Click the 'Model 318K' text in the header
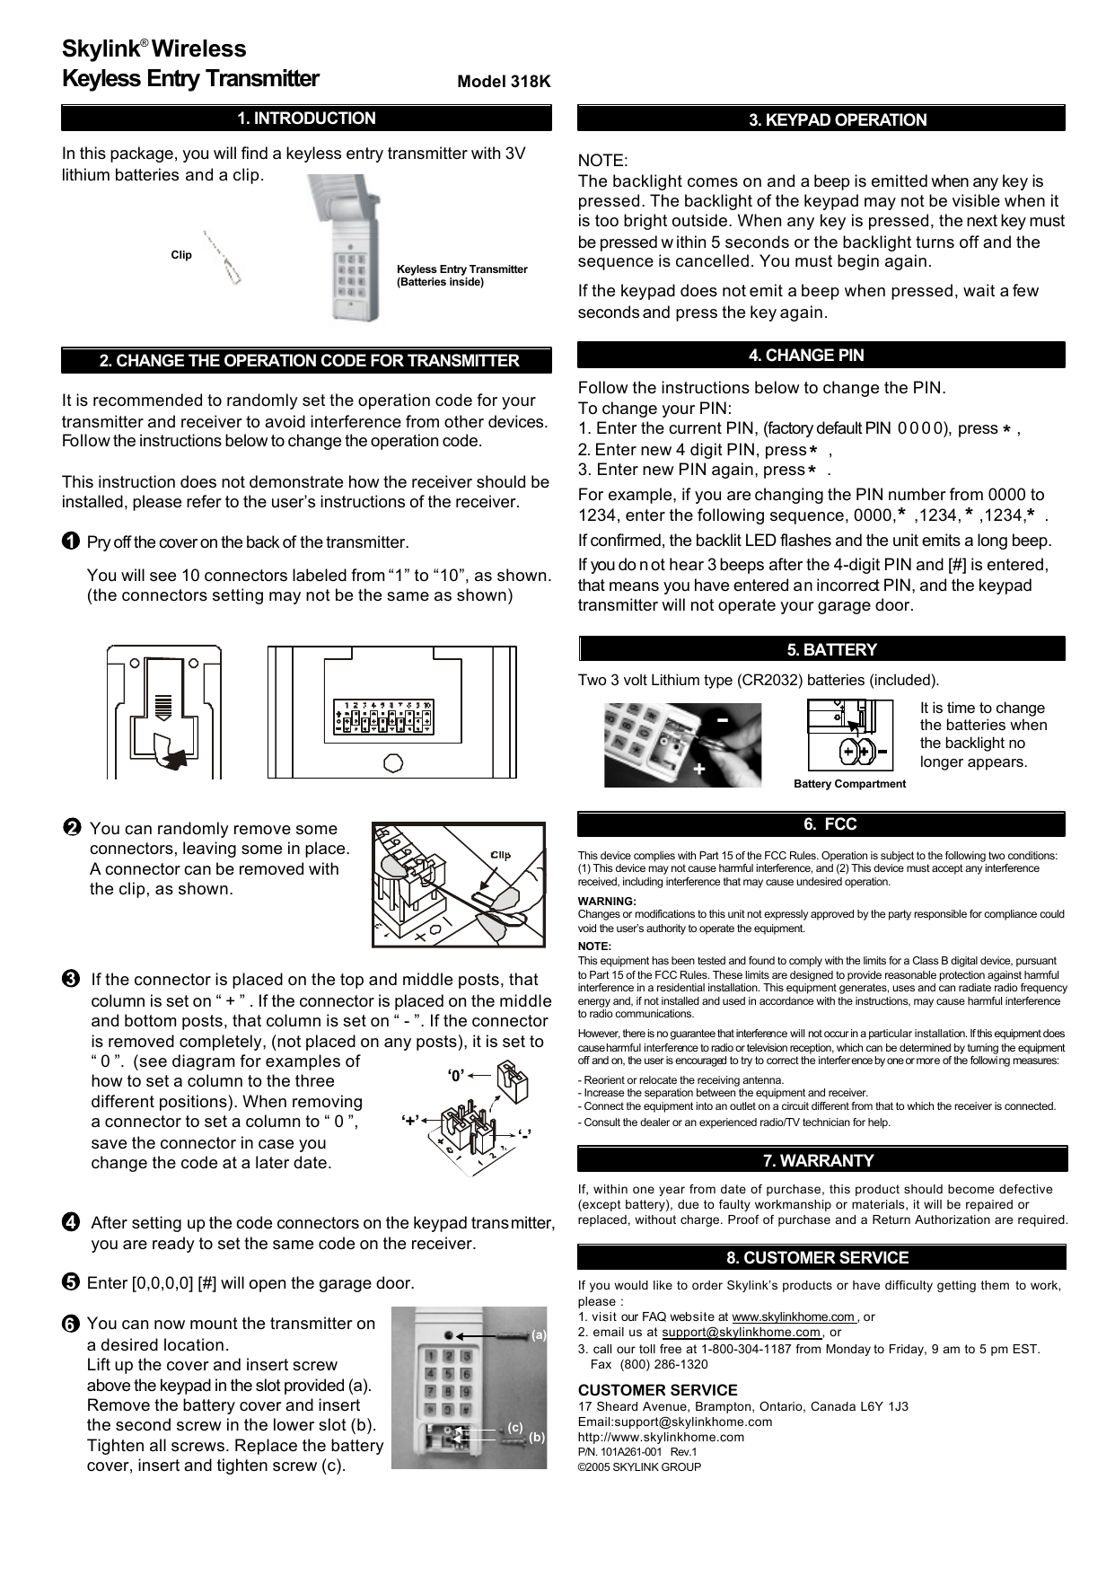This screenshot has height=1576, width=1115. click(504, 82)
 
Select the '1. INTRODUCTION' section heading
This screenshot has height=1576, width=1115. click(306, 119)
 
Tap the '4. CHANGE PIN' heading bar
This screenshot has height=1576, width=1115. click(821, 356)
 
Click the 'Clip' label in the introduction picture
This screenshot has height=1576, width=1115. click(181, 256)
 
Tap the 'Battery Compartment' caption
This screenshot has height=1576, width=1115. click(849, 784)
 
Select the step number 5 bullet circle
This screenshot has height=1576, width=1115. click(71, 1282)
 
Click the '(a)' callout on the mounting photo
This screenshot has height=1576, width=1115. click(539, 1335)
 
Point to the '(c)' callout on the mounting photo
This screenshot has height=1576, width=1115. click(515, 1427)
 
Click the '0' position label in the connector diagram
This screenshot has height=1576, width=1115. click(456, 1075)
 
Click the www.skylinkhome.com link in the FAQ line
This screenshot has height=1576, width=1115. click(794, 1317)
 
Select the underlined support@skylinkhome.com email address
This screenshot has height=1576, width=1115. click(742, 1333)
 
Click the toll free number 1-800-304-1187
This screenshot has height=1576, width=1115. click(746, 1349)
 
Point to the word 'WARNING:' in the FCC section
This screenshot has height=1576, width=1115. click(607, 902)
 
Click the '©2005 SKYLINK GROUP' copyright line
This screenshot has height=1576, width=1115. click(639, 1467)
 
